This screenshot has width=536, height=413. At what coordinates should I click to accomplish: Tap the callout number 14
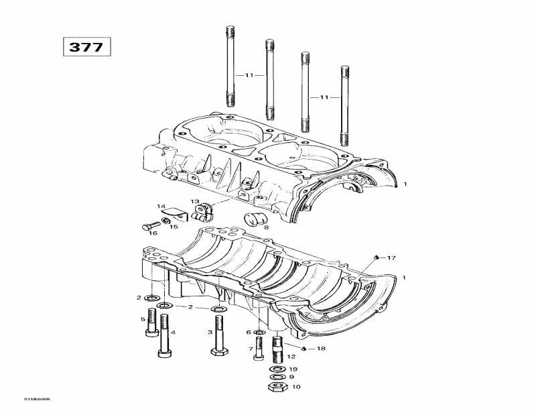click(161, 206)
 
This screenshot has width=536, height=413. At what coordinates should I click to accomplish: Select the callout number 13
click(194, 202)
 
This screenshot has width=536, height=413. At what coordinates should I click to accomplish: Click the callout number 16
click(153, 233)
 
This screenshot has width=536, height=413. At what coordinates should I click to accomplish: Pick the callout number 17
click(393, 257)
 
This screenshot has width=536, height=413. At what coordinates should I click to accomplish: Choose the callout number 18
click(321, 349)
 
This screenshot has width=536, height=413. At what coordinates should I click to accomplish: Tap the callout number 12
click(291, 357)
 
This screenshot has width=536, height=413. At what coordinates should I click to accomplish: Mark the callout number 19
click(293, 369)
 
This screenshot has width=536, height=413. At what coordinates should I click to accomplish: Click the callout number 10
click(296, 387)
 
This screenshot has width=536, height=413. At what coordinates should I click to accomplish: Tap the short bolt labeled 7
click(259, 351)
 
